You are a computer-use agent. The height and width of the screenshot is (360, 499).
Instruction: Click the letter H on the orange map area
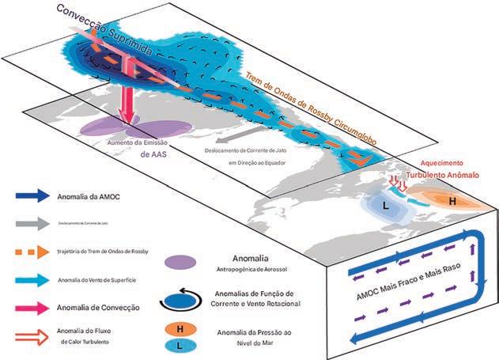click(452, 202)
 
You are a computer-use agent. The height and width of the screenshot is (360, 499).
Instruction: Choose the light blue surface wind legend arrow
click(32, 279)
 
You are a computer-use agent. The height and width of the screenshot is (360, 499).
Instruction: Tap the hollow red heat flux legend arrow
click(33, 334)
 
